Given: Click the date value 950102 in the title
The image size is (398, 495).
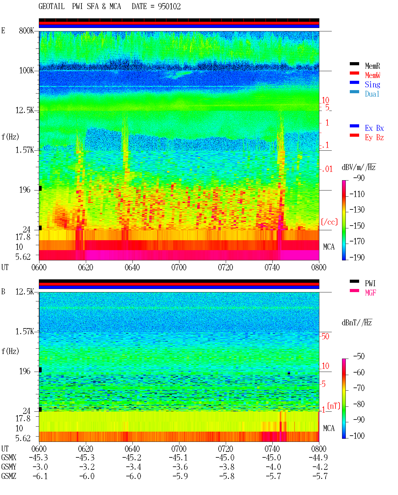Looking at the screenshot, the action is click(x=169, y=7).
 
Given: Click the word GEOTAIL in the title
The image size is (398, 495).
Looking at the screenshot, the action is click(x=52, y=7).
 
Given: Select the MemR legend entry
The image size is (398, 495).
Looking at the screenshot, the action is click(x=373, y=66).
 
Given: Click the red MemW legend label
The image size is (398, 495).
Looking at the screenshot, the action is click(x=373, y=75).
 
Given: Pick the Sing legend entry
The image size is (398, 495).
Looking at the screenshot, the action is click(x=373, y=85).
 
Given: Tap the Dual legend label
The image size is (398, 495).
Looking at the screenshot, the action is click(x=372, y=94).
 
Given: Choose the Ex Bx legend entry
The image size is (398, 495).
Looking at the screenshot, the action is click(x=374, y=128).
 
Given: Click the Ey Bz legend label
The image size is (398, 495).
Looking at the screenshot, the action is click(x=374, y=138).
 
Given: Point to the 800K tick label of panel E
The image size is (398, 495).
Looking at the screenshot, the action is click(x=26, y=30).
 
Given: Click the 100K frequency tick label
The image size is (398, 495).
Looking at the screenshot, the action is click(x=26, y=71).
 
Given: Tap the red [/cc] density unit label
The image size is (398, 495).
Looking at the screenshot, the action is click(x=329, y=222).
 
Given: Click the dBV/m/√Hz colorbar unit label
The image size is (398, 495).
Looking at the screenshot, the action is click(x=359, y=167).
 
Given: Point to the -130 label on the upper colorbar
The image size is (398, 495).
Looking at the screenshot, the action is click(x=357, y=210).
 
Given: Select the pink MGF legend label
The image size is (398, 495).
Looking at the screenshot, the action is click(x=370, y=293).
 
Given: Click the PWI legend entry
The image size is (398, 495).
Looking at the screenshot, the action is click(x=370, y=283).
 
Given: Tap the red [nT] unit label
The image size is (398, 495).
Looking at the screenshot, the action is click(x=334, y=406).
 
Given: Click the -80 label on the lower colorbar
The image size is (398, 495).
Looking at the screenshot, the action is click(x=359, y=404).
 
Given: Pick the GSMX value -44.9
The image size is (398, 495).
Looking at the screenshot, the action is click(x=318, y=457).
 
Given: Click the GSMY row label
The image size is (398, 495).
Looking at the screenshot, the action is click(x=9, y=467).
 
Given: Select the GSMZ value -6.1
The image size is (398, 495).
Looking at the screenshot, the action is click(x=40, y=476).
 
